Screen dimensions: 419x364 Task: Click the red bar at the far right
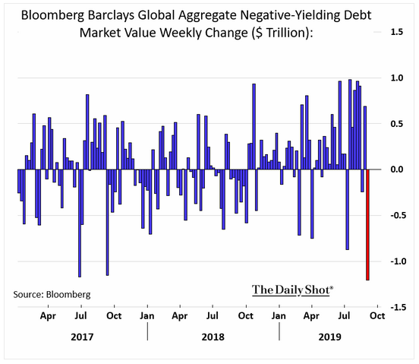point(367,225)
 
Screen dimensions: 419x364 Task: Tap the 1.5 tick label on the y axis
point(396,32)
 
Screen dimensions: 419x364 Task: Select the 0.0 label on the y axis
point(396,169)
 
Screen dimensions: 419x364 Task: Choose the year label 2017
point(82,337)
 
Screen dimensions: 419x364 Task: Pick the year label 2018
point(213,337)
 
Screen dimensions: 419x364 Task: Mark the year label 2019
point(329,337)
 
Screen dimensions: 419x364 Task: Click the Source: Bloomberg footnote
point(52,294)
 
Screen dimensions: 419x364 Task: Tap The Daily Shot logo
point(292,290)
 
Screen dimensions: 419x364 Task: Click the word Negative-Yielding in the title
point(286,15)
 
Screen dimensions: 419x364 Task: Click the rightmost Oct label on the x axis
point(377,316)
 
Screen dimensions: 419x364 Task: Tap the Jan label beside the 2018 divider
point(147,316)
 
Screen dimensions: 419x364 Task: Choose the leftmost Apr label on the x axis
point(48,316)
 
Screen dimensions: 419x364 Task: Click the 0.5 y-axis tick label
point(396,124)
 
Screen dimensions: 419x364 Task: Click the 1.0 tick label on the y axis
point(396,78)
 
